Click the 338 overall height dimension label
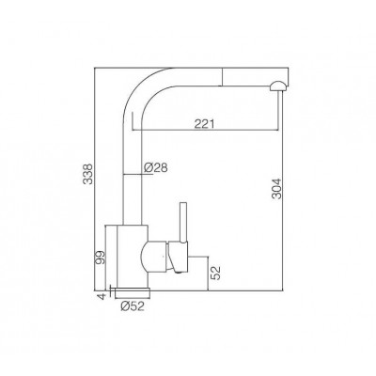click(x=89, y=174)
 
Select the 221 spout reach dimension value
click(x=204, y=124)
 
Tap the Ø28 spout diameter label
click(x=156, y=168)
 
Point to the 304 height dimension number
click(x=277, y=189)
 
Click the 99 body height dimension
click(x=101, y=258)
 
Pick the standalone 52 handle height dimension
click(x=216, y=273)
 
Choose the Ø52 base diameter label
click(x=133, y=305)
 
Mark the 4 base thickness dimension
click(x=101, y=296)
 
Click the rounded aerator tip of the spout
click(x=278, y=86)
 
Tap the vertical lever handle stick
click(x=183, y=223)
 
